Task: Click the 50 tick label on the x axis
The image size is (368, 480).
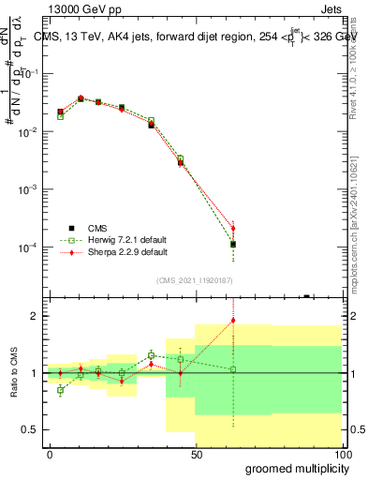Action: point(196,454)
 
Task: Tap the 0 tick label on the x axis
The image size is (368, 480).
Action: point(50,454)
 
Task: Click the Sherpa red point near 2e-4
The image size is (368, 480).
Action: point(233,228)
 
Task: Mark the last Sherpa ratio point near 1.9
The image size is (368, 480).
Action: point(233,321)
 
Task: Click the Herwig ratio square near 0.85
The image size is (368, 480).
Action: point(61,390)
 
